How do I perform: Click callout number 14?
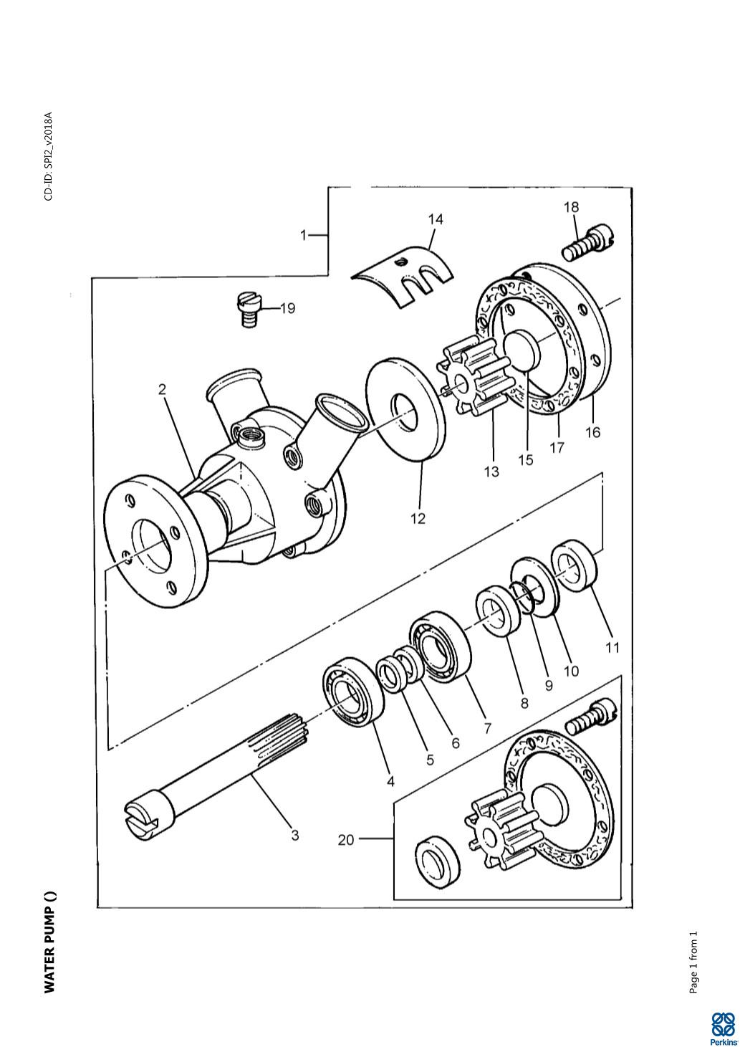(436, 219)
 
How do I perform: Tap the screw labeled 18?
(590, 242)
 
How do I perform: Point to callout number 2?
(163, 389)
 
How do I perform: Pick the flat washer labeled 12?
(405, 406)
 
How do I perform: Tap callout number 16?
(593, 432)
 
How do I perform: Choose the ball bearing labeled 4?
(348, 692)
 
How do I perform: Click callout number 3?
(294, 835)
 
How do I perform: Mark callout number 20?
(346, 839)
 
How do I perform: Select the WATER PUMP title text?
(49, 943)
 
